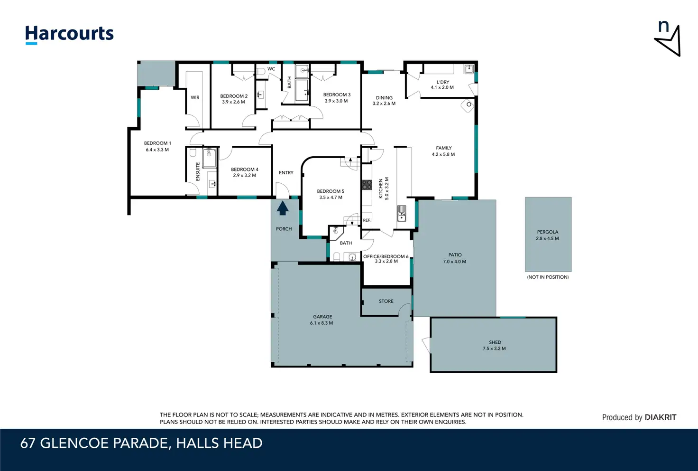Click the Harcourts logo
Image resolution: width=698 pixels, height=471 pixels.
[x=69, y=35]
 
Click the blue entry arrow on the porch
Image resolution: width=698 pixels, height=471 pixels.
[x=282, y=208]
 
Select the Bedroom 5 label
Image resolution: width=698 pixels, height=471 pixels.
[x=331, y=191]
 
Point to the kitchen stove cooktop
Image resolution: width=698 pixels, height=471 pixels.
[x=367, y=185]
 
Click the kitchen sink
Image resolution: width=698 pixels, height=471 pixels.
[x=401, y=213]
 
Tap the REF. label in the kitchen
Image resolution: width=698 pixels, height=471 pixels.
[x=367, y=220]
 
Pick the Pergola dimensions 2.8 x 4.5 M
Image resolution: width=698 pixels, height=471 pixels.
[x=548, y=238]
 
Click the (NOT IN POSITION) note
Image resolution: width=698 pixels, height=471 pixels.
[x=548, y=277]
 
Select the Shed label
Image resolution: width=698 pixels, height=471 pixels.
[x=495, y=342]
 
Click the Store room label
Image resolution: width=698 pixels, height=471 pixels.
[x=386, y=301]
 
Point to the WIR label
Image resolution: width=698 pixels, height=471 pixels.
[x=195, y=97]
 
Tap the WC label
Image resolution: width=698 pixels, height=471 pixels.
[x=271, y=69]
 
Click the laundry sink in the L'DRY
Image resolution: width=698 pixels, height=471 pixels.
[x=468, y=69]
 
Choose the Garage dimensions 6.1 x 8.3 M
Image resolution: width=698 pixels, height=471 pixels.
[x=321, y=323]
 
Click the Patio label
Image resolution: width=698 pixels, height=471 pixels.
[x=455, y=255]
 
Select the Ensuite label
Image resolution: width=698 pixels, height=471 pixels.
[x=198, y=171]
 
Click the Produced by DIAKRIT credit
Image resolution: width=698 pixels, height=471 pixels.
[x=639, y=417]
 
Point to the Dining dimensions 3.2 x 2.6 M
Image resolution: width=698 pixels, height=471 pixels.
[x=384, y=104]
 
